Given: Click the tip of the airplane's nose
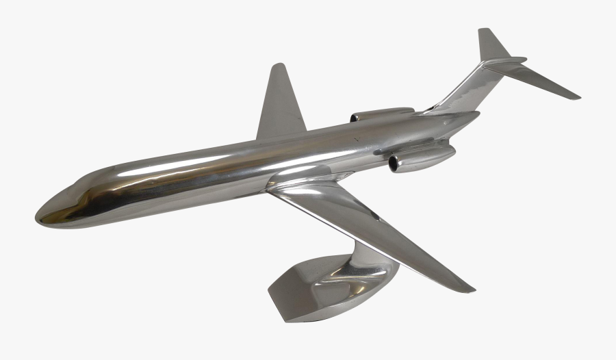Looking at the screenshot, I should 37,216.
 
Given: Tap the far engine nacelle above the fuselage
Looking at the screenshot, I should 383,114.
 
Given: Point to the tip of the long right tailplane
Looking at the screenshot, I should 578,97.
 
